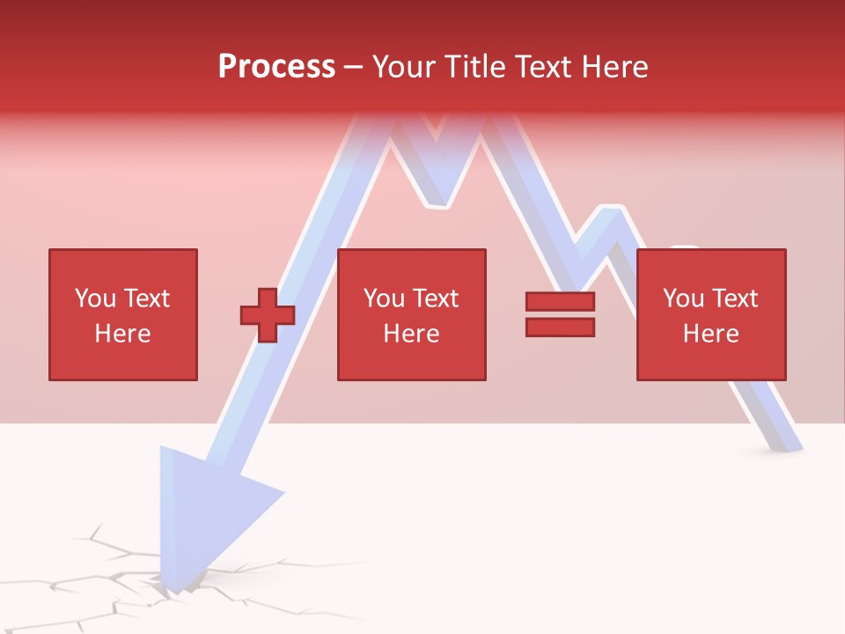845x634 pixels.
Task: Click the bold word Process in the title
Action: pyautogui.click(x=276, y=66)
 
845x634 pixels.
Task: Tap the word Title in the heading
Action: pyautogui.click(x=474, y=67)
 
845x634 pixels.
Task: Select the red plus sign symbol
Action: pyautogui.click(x=268, y=314)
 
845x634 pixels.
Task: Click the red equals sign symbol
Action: pyautogui.click(x=560, y=314)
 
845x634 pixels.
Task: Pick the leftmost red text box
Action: pyautogui.click(x=123, y=314)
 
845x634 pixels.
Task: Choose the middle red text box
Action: pyautogui.click(x=412, y=314)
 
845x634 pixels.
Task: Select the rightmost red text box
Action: pyautogui.click(x=711, y=314)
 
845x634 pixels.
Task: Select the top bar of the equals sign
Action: pyautogui.click(x=560, y=302)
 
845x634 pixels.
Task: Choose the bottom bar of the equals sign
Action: pyautogui.click(x=560, y=327)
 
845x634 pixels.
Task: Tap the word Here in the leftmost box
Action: pyautogui.click(x=123, y=334)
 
